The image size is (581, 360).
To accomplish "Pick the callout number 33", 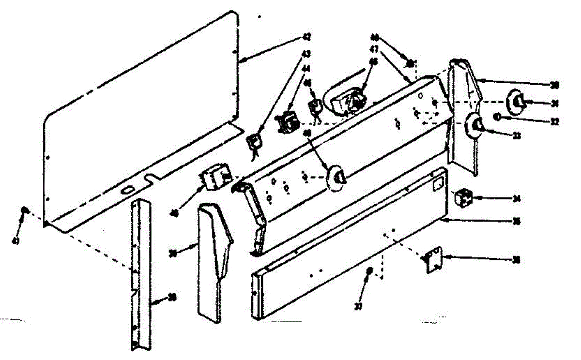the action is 517,136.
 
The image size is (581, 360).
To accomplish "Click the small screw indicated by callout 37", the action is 370,271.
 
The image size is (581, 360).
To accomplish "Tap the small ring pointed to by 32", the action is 498,117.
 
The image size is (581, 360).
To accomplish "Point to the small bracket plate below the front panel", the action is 433,260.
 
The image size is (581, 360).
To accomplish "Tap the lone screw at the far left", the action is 24,211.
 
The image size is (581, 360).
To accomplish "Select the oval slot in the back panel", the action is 127,191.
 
